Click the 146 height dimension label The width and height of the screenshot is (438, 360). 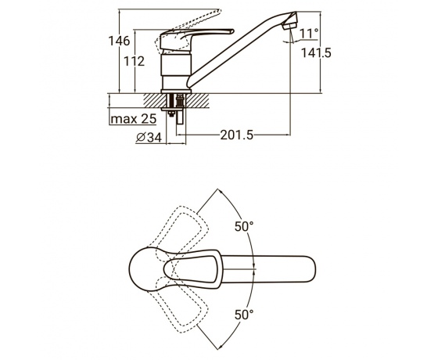coord(119,41)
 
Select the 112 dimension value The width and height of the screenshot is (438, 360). coord(134,61)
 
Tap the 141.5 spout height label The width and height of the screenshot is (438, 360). coord(316,52)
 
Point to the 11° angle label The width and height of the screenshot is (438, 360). coord(309,34)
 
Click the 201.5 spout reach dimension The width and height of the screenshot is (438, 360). coord(237,135)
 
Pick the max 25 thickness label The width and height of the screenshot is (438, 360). coord(134,119)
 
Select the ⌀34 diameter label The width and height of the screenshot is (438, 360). coord(149,137)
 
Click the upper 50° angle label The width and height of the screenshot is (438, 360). coord(244,226)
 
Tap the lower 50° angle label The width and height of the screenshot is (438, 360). coord(244,315)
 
